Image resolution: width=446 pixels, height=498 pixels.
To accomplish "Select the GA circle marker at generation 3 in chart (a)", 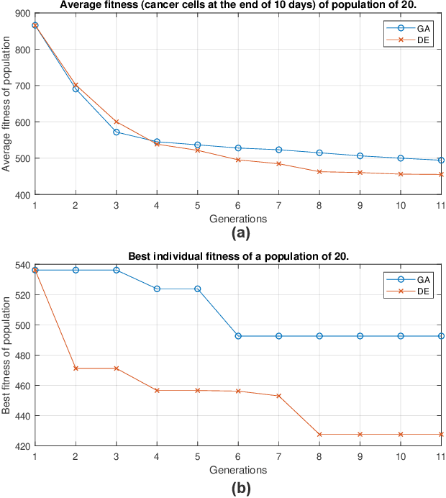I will pos(117,132).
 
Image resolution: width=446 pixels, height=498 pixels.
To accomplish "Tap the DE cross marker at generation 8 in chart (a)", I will pos(319,171).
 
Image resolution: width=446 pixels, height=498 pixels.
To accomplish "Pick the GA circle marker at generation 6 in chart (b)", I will pos(238,336).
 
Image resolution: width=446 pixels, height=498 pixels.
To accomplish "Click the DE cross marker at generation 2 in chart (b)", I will pos(76,368).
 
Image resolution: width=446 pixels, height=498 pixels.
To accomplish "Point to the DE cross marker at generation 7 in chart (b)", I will pos(279,396).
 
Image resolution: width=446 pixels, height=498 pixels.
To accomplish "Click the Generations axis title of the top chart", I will pos(238,217).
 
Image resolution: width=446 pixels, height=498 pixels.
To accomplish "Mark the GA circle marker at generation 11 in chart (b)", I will pos(441,336).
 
